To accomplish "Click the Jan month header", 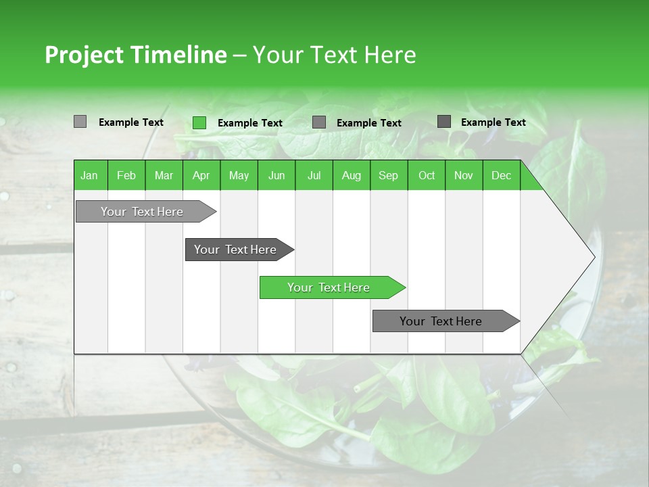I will tap(89, 175).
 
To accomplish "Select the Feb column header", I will tap(126, 175).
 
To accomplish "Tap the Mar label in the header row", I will tap(164, 175).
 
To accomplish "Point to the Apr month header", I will tap(201, 175).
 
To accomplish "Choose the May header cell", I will tap(239, 175).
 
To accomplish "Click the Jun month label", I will tap(277, 175).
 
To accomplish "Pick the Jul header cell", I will tap(314, 175).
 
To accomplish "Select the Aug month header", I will tap(351, 175).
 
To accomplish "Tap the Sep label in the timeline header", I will tap(388, 175).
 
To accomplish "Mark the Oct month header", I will tap(427, 175).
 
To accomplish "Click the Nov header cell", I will tap(464, 175).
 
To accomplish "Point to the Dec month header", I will tap(501, 175).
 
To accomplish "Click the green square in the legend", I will tap(199, 122).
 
